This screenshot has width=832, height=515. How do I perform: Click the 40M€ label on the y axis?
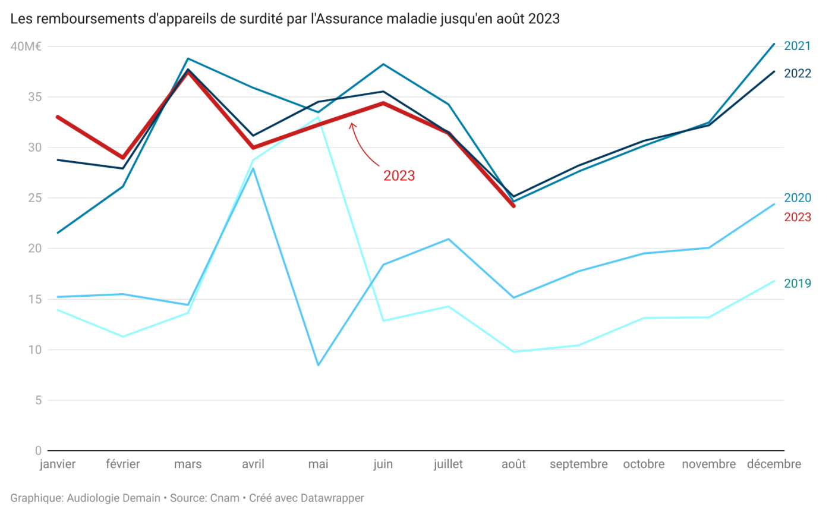pyautogui.click(x=24, y=46)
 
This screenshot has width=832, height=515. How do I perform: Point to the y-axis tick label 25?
pyautogui.click(x=34, y=198)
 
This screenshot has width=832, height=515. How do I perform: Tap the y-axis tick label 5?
pyautogui.click(x=37, y=400)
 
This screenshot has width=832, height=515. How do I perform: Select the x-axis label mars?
pyautogui.click(x=188, y=464)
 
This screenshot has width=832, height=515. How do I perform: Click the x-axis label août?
pyautogui.click(x=513, y=464)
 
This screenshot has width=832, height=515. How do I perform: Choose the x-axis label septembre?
pyautogui.click(x=578, y=464)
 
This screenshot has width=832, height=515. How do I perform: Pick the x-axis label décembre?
pyautogui.click(x=774, y=464)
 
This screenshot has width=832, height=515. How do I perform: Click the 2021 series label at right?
pyautogui.click(x=798, y=46)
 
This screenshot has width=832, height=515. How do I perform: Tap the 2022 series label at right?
pyautogui.click(x=798, y=73)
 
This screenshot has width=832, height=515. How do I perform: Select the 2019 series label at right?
pyautogui.click(x=798, y=283)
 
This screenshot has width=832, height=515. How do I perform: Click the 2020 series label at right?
pyautogui.click(x=798, y=198)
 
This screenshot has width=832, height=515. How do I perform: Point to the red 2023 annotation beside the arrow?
pyautogui.click(x=399, y=176)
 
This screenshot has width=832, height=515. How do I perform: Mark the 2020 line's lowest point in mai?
pyautogui.click(x=319, y=365)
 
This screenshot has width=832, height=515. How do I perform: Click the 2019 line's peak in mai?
pyautogui.click(x=319, y=118)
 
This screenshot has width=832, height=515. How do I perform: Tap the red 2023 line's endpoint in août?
pyautogui.click(x=513, y=206)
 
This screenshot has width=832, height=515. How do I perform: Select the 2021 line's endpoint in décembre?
pyautogui.click(x=774, y=43)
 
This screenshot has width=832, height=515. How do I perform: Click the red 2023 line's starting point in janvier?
pyautogui.click(x=57, y=117)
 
